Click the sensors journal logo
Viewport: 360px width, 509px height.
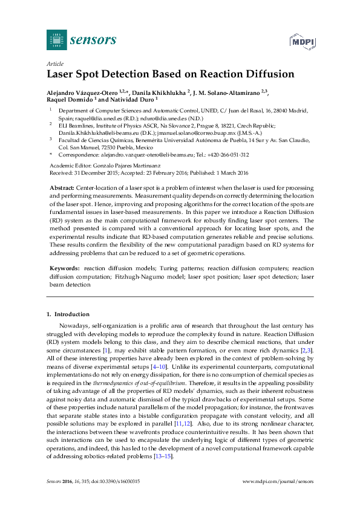(81, 41)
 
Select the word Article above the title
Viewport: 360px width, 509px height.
(55, 63)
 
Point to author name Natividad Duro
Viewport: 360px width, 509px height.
(134, 100)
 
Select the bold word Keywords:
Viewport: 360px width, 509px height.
(64, 268)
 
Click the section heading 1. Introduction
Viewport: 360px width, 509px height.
(68, 314)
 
